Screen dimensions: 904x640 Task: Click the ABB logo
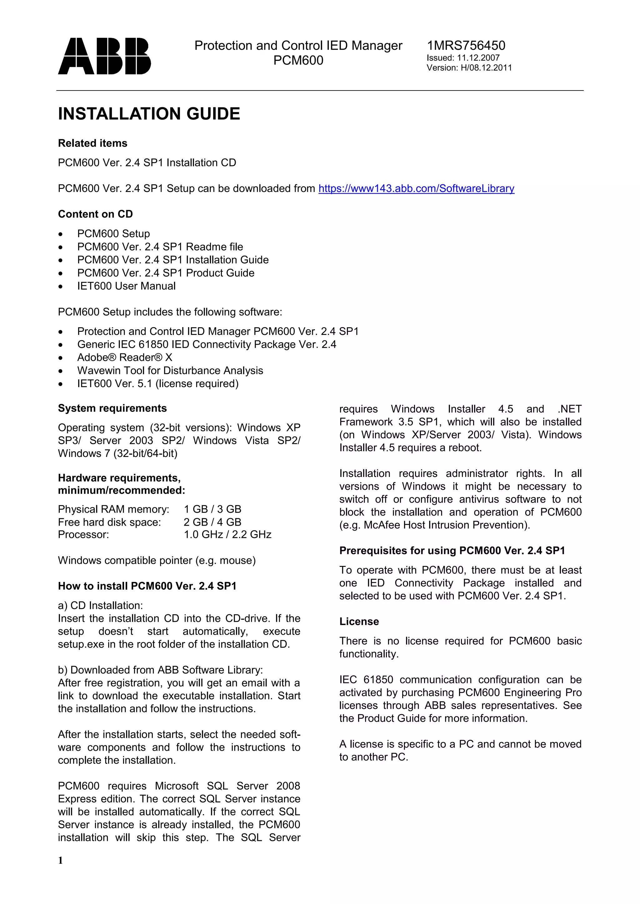point(104,56)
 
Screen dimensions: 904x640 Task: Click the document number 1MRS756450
point(466,46)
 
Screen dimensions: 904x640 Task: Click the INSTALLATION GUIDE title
point(149,114)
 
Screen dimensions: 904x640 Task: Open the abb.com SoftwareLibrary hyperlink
point(416,189)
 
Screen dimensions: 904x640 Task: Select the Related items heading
point(92,143)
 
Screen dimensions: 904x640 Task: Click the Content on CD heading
point(95,214)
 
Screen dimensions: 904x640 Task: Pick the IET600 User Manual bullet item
point(126,286)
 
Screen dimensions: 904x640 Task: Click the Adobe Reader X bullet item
point(125,357)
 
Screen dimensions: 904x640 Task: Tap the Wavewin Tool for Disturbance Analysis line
point(170,371)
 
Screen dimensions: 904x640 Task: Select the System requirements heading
point(112,408)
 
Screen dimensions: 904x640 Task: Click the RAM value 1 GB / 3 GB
point(212,509)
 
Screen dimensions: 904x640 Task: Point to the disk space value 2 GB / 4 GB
point(212,523)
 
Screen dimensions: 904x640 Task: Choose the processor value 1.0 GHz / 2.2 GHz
point(227,535)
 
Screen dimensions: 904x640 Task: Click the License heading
point(359,622)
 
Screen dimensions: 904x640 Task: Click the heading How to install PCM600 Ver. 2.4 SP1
point(147,586)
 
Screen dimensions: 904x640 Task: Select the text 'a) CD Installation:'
point(101,606)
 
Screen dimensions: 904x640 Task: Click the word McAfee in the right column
point(382,525)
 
